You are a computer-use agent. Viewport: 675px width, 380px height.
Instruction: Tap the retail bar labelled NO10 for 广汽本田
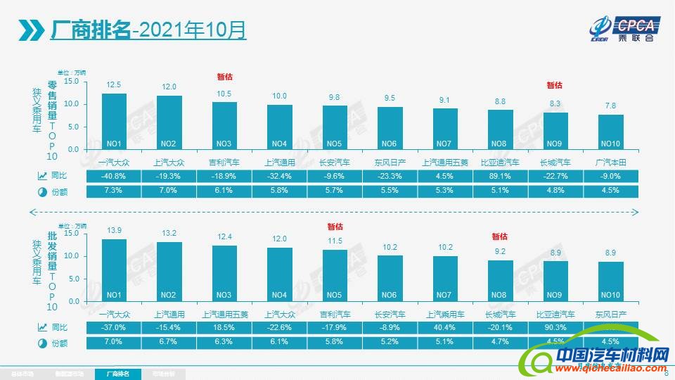(610, 132)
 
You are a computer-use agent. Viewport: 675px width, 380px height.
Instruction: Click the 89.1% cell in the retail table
(500, 176)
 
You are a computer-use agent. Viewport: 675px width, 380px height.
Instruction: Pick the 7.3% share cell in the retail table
(114, 191)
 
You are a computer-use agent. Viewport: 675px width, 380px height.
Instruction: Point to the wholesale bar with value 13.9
(114, 270)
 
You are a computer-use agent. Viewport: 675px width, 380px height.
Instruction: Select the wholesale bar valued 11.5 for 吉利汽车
(335, 275)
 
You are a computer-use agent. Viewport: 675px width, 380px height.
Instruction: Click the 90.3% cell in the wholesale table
(555, 328)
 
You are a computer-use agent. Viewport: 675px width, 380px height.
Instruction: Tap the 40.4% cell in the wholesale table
(445, 328)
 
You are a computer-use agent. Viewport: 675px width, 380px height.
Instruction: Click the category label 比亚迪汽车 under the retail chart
(500, 161)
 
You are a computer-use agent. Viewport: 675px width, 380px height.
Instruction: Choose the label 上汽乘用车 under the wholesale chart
(445, 314)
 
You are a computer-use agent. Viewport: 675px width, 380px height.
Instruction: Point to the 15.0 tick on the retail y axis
(72, 82)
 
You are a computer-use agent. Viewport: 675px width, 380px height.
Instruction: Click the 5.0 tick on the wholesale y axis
(73, 279)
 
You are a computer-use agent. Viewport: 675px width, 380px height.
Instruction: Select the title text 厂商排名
(91, 30)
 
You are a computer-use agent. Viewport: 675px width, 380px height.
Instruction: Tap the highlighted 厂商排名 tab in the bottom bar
(117, 374)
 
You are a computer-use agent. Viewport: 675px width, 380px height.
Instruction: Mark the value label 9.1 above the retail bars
(445, 100)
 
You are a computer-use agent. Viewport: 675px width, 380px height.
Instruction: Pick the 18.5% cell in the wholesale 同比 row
(224, 328)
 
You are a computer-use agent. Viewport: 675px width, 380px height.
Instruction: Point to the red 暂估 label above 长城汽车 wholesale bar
(499, 236)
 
